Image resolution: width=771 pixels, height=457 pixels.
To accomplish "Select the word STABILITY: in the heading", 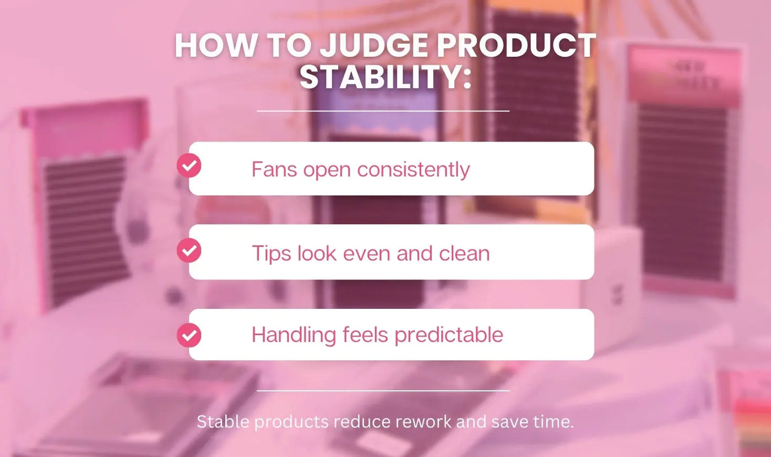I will [x=385, y=77].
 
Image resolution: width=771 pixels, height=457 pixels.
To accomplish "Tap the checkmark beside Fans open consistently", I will [x=189, y=165].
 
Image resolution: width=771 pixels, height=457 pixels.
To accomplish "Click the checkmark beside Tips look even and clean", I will [x=189, y=251].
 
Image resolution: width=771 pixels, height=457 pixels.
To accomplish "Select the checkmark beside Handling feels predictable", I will [x=189, y=335].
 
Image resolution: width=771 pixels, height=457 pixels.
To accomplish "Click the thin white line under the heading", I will [x=383, y=111].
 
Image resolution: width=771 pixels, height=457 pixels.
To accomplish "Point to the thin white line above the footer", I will [x=383, y=391].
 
